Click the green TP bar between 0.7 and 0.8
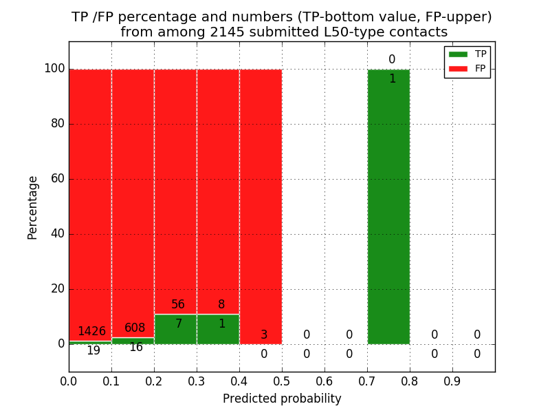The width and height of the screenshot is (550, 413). point(388,206)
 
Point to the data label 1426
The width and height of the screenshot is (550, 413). point(91,332)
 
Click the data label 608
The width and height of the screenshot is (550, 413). point(135,328)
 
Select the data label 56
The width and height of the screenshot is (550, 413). point(178,305)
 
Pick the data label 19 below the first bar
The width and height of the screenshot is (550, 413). point(93,351)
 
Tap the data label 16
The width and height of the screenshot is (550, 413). point(136,348)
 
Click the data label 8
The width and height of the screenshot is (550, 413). point(221,305)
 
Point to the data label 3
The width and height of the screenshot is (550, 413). point(264,335)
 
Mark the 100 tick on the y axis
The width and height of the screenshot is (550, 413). point(54,69)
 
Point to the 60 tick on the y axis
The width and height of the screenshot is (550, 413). point(57,179)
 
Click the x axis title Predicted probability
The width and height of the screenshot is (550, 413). point(282,399)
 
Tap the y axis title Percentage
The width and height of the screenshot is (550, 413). point(33,207)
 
